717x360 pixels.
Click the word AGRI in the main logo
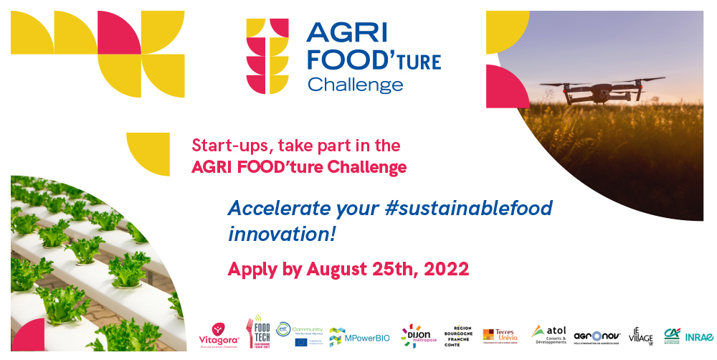pyautogui.click(x=347, y=33)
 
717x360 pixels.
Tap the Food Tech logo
pyautogui.click(x=258, y=332)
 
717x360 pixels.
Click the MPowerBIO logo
pyautogui.click(x=359, y=336)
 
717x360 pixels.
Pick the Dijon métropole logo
pyautogui.click(x=415, y=334)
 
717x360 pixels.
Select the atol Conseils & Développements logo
pyautogui.click(x=549, y=334)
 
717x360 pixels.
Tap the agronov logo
pyautogui.click(x=597, y=336)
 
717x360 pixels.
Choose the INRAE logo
pyautogui.click(x=698, y=336)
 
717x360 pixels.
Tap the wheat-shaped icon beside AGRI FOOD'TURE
pyautogui.click(x=267, y=55)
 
